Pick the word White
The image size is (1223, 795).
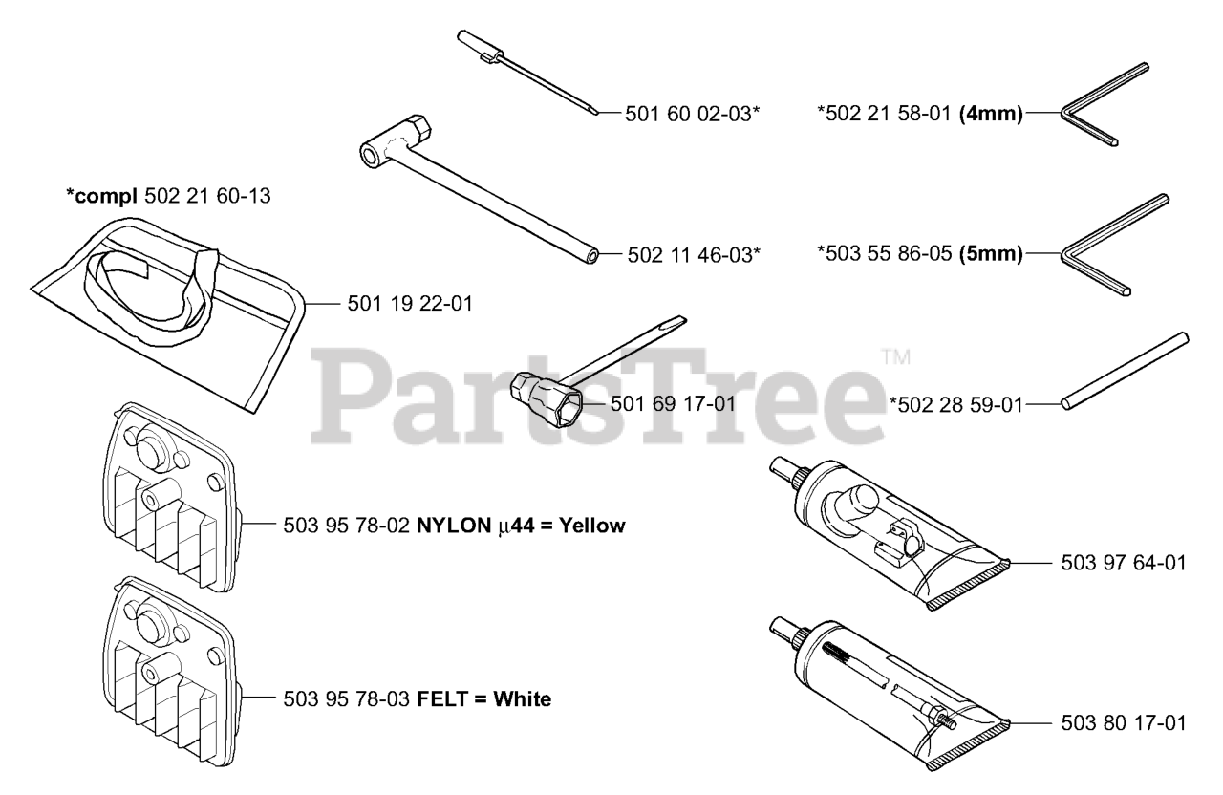point(522,699)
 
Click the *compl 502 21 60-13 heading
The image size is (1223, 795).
point(168,197)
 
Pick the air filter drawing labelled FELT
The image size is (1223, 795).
point(172,674)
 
